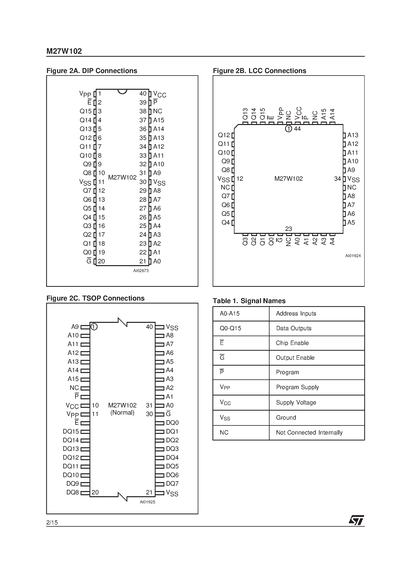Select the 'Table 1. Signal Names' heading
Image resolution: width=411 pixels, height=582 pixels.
[x=249, y=301]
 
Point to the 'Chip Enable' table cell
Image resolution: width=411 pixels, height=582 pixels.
[x=292, y=343]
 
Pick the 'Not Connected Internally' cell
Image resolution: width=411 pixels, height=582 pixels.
[x=309, y=433]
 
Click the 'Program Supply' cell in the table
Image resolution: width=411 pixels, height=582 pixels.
[x=297, y=387]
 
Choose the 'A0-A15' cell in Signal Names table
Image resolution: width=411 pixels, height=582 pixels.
[x=230, y=313]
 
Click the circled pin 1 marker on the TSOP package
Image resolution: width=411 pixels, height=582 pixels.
[x=94, y=327]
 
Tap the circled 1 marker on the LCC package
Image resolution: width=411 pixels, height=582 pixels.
[x=288, y=129]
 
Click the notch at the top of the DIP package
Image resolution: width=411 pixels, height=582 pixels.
[x=122, y=91]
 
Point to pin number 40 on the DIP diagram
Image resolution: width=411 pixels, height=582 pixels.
[x=143, y=94]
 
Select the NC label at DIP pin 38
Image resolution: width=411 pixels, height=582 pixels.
[x=158, y=111]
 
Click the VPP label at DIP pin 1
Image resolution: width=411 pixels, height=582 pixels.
[x=85, y=94]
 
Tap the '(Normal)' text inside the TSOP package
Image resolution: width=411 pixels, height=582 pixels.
[x=122, y=412]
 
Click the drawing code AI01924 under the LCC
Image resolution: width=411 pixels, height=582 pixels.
[x=353, y=256]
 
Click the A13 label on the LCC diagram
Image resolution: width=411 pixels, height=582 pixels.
[x=353, y=135]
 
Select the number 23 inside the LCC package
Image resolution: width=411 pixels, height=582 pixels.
[x=289, y=229]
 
